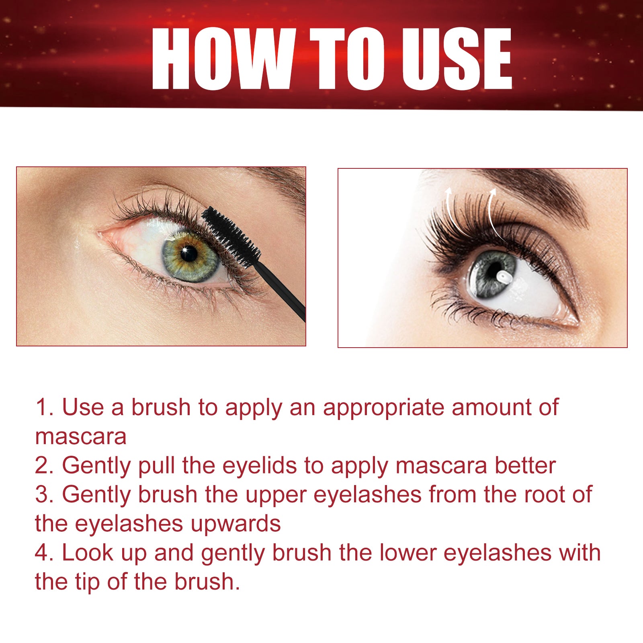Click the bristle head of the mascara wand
tap(230, 235)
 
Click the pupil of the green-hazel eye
tap(188, 254)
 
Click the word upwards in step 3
tap(235, 524)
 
